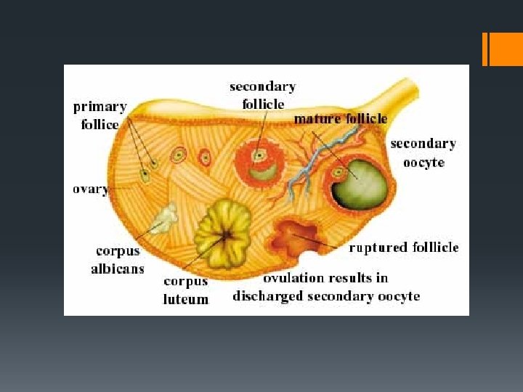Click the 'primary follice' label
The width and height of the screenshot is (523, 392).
click(100, 115)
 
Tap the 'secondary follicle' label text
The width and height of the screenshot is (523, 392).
click(262, 95)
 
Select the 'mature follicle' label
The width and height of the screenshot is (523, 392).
click(340, 118)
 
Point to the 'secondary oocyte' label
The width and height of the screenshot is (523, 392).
click(423, 152)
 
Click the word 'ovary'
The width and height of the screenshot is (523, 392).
click(90, 189)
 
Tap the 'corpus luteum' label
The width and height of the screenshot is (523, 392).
click(185, 290)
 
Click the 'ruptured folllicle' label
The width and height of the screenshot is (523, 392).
click(404, 248)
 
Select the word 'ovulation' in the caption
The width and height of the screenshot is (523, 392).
click(296, 278)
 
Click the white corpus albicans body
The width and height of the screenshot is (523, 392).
click(165, 216)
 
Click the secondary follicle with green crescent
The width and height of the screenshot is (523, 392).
click(258, 164)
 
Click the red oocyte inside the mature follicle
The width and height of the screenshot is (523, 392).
click(338, 173)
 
